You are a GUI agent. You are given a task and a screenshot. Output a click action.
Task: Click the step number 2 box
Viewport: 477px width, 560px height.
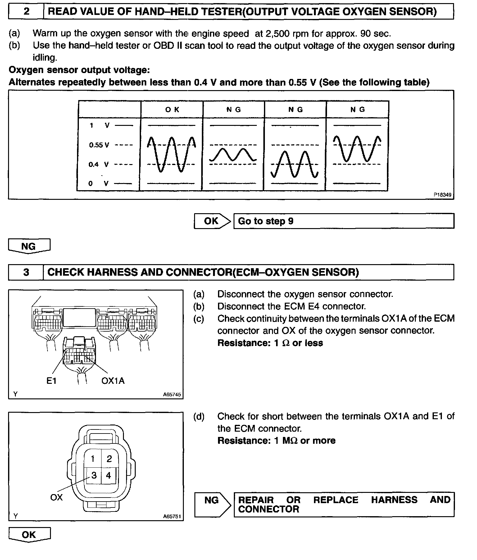pos(26,12)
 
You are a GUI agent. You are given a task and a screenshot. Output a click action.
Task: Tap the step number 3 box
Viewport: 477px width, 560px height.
pos(26,272)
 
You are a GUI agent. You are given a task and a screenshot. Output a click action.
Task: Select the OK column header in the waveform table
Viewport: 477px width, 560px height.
pos(172,110)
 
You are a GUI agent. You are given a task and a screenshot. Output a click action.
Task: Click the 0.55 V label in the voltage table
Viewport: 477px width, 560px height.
pos(99,145)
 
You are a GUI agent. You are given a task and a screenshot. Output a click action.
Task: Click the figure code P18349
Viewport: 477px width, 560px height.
pos(442,195)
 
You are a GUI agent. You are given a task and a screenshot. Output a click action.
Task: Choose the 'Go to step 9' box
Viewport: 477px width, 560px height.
pos(343,221)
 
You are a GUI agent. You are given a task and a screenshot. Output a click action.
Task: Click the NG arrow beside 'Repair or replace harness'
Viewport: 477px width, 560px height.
pos(212,505)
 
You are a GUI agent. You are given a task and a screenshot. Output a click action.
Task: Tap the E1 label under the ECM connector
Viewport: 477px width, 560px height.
pos(51,381)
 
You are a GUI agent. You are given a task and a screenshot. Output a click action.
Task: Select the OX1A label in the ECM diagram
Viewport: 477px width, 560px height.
pos(113,381)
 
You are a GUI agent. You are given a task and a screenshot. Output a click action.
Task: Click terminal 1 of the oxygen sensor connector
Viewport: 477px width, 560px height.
pos(93,459)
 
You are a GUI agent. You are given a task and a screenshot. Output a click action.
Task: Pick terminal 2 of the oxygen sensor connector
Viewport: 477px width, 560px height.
pos(109,459)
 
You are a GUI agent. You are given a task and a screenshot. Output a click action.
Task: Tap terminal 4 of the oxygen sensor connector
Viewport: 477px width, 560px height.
pos(108,475)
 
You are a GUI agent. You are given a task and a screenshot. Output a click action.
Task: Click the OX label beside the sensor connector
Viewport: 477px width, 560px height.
pos(56,498)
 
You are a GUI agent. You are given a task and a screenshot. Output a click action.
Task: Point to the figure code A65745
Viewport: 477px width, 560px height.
pos(172,395)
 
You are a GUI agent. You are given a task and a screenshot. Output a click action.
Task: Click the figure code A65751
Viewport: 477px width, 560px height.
pos(172,516)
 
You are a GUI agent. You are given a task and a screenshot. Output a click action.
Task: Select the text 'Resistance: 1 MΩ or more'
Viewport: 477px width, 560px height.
pos(276,441)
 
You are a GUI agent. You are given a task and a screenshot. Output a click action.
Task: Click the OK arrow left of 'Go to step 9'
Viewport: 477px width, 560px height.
pos(212,221)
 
